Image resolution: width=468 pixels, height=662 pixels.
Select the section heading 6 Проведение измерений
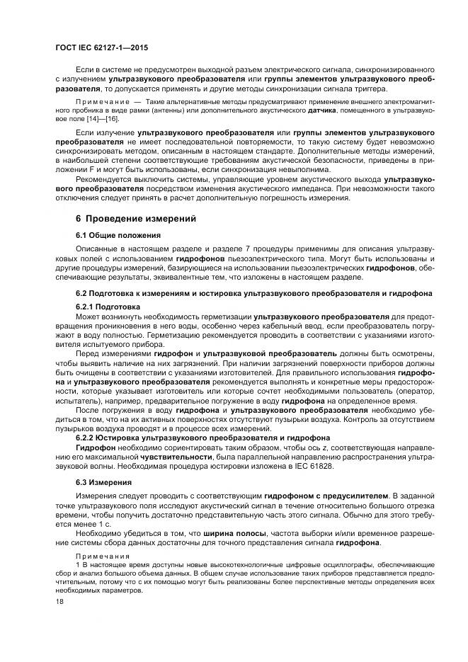pos(131,219)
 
